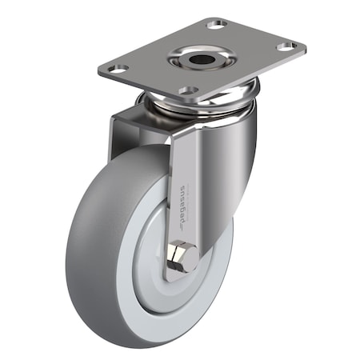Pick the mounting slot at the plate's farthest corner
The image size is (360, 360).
click(216, 25)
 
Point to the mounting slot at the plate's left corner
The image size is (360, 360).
click(118, 70)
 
